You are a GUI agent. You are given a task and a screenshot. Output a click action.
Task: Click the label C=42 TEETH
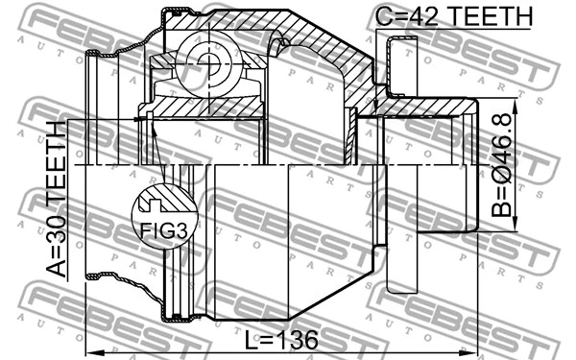pos(453,15)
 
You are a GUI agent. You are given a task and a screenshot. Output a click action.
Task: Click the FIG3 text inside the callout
pos(157,231)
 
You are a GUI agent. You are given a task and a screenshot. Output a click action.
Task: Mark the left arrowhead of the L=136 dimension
pos(89,348)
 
